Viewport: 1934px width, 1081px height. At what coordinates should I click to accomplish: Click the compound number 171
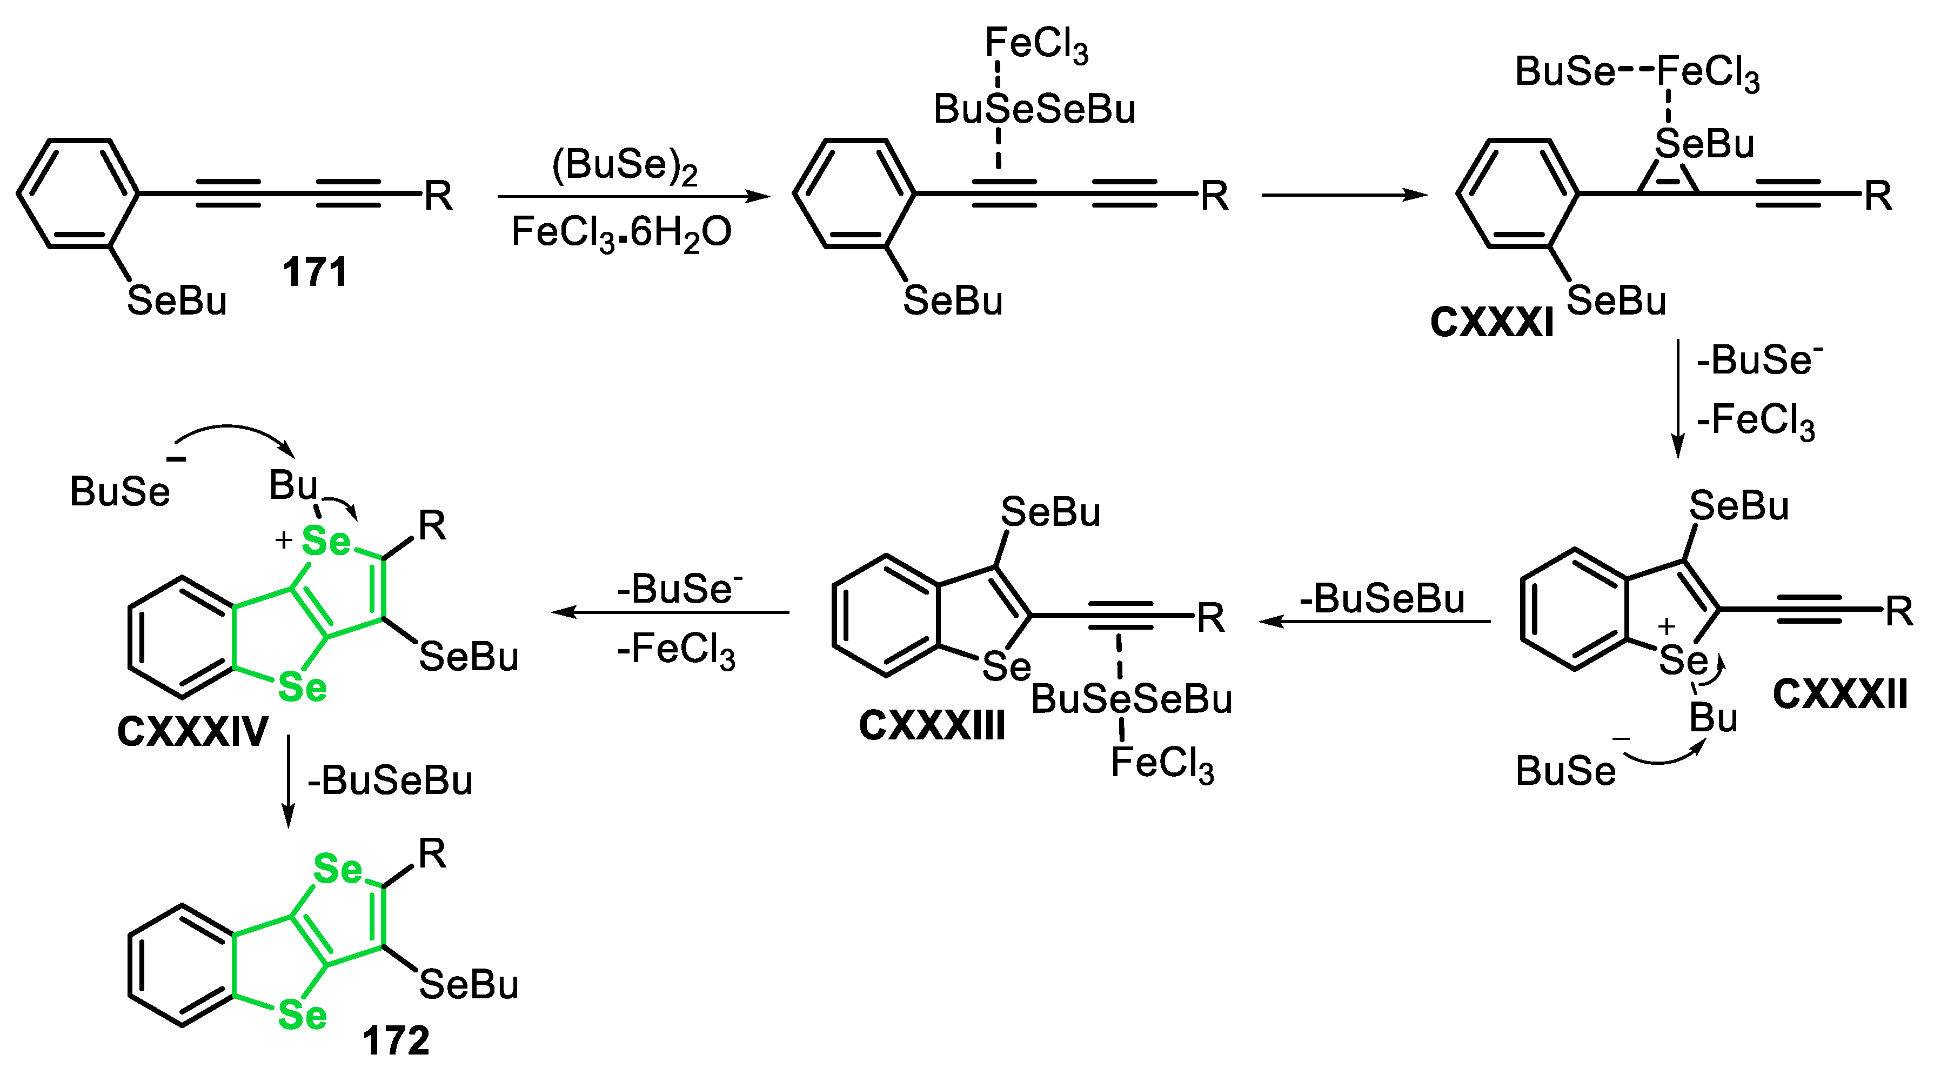click(316, 272)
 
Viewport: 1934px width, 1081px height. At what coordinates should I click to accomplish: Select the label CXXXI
click(1491, 323)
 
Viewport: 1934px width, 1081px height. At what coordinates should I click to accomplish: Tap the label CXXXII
click(1839, 695)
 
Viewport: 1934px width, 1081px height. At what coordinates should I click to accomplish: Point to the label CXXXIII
click(932, 726)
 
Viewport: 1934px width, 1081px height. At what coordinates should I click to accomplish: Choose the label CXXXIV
click(193, 731)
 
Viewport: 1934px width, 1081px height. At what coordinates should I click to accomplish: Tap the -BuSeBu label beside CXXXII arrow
click(1381, 598)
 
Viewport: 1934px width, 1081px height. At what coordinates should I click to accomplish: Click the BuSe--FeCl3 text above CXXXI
click(1637, 73)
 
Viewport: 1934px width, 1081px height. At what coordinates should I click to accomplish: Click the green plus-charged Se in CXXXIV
click(325, 540)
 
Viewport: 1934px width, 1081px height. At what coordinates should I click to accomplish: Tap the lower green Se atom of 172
click(303, 1016)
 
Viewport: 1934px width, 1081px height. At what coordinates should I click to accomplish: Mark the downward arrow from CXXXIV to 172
click(289, 780)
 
